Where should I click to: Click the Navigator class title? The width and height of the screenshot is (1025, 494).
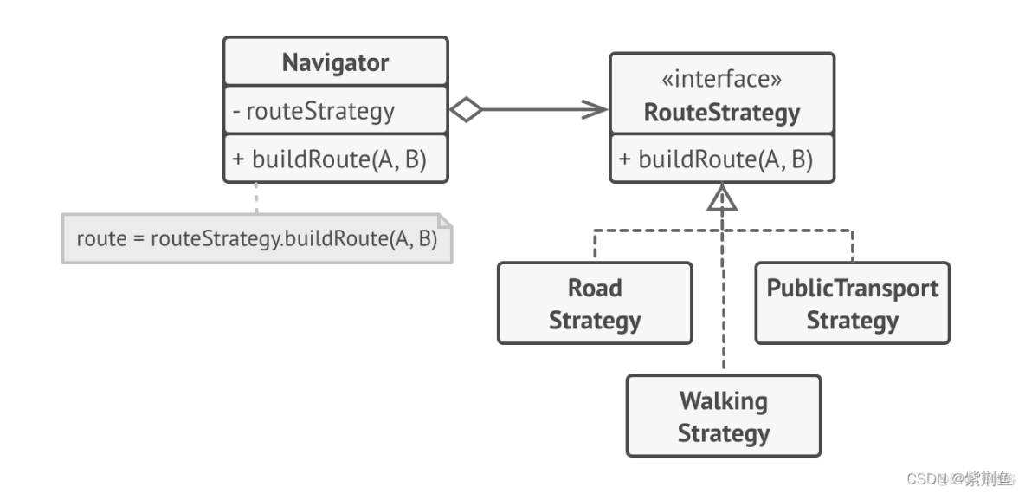pyautogui.click(x=335, y=62)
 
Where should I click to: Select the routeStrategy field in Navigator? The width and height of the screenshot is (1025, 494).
pyautogui.click(x=320, y=111)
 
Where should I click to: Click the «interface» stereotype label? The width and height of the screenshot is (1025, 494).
pyautogui.click(x=722, y=80)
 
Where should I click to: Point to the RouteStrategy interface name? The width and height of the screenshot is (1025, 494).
pyautogui.click(x=722, y=113)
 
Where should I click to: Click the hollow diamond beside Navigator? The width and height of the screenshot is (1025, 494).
pyautogui.click(x=466, y=110)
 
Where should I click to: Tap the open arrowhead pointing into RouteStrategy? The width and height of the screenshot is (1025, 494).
pyautogui.click(x=596, y=110)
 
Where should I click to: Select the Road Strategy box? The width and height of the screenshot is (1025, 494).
pyautogui.click(x=595, y=303)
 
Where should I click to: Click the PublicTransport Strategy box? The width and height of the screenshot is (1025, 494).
pyautogui.click(x=852, y=303)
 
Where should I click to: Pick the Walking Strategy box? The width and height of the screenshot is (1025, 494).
pyautogui.click(x=723, y=416)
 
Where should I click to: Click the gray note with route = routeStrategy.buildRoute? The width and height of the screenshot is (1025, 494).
pyautogui.click(x=256, y=237)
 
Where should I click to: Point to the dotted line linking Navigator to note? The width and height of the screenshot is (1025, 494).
pyautogui.click(x=256, y=197)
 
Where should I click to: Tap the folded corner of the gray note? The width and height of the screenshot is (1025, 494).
pyautogui.click(x=444, y=218)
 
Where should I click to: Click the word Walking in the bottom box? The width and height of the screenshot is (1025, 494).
pyautogui.click(x=723, y=401)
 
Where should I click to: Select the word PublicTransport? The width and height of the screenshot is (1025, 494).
pyautogui.click(x=852, y=289)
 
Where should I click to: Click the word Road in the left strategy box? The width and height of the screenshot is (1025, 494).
pyautogui.click(x=595, y=289)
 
